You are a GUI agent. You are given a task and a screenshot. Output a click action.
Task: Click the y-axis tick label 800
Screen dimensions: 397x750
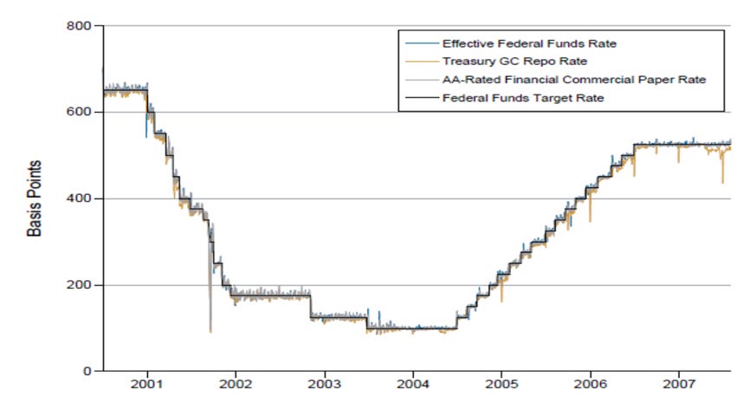(x=79, y=26)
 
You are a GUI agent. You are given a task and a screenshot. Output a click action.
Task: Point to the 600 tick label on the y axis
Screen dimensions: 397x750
(x=79, y=113)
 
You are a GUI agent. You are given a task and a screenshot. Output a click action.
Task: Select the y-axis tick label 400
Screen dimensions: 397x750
(x=79, y=198)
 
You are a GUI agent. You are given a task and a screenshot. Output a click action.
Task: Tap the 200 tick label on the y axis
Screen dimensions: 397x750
(x=79, y=285)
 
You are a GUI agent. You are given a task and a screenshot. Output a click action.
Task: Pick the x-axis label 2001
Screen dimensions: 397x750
(x=146, y=383)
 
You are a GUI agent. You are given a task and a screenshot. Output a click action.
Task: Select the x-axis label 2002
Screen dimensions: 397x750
(x=236, y=383)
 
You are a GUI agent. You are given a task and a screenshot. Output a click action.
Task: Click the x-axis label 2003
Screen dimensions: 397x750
(x=324, y=383)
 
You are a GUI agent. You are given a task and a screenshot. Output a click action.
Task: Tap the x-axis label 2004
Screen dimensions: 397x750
(x=413, y=383)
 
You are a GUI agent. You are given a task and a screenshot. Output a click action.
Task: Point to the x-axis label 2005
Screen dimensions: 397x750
(x=501, y=383)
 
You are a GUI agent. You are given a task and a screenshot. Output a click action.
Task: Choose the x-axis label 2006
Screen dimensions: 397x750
(x=591, y=383)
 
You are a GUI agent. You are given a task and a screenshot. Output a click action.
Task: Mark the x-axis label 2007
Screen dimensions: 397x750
(x=679, y=383)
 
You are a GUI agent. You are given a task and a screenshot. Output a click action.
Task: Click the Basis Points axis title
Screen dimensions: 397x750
(x=34, y=198)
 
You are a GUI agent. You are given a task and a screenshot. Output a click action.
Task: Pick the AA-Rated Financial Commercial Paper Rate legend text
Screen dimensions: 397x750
(x=574, y=80)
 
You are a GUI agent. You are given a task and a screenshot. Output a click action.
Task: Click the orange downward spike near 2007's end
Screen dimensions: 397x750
(x=722, y=180)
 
